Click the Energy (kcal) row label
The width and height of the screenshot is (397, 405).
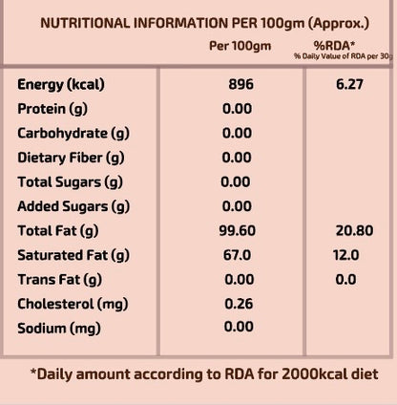[61, 85]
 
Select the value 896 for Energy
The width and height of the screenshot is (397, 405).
[241, 84]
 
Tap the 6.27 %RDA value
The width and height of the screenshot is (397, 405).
[349, 84]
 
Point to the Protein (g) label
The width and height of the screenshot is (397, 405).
[52, 109]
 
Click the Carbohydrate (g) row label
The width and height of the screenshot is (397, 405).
[73, 134]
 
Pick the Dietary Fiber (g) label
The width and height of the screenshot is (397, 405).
[71, 158]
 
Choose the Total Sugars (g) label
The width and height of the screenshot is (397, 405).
[70, 182]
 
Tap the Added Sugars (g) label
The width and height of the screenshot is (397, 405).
[73, 207]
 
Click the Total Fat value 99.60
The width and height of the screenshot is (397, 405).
[238, 230]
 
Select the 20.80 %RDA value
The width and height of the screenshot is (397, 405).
[354, 230]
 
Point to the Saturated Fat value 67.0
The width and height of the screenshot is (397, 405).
[237, 255]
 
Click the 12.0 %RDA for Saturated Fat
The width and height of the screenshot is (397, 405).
[346, 255]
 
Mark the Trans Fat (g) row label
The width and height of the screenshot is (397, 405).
[60, 280]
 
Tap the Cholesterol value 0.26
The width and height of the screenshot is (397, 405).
[239, 304]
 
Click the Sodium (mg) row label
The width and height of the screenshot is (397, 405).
[59, 329]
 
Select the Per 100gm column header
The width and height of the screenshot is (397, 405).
[240, 46]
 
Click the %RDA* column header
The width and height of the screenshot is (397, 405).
[334, 46]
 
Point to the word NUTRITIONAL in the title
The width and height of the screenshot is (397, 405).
[85, 23]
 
